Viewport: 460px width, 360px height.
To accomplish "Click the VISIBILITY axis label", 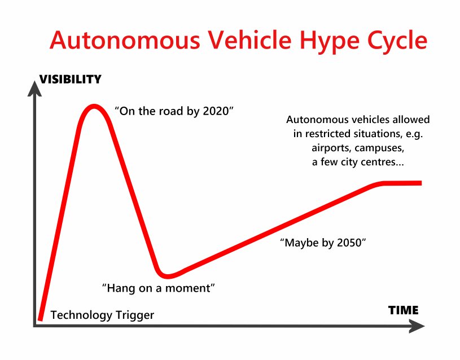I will [x=70, y=80].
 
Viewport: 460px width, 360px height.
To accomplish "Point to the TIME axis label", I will [x=403, y=310].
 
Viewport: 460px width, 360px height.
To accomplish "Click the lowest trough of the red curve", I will [x=167, y=275].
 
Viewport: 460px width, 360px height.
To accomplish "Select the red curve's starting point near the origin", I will [x=40, y=319].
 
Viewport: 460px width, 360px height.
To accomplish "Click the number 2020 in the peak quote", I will [x=217, y=111].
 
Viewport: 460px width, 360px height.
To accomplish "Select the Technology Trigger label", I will [x=102, y=315].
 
